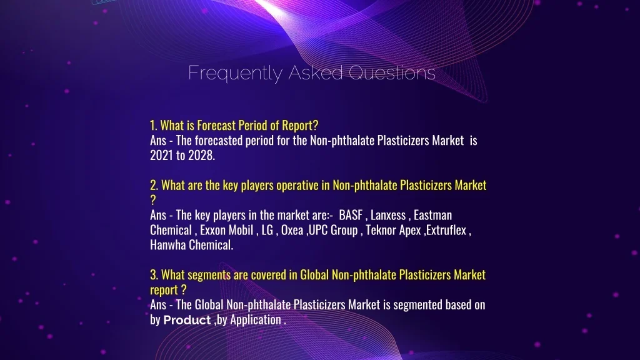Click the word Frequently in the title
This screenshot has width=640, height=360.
(235, 74)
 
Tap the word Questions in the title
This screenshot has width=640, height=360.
(392, 72)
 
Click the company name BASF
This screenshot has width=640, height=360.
(351, 215)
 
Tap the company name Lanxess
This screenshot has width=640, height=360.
(388, 215)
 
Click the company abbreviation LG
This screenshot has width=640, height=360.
(267, 230)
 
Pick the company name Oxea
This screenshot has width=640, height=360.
(292, 230)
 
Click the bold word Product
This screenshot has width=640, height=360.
(187, 320)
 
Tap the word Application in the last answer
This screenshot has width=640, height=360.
(256, 319)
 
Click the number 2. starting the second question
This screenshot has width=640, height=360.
(154, 185)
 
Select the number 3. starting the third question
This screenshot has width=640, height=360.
(154, 275)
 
